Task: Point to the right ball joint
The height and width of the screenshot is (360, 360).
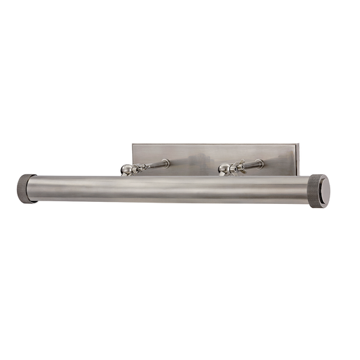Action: (x=224, y=169)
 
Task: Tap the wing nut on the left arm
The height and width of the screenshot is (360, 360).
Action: (x=140, y=167)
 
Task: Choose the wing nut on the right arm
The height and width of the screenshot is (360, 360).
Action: (x=238, y=167)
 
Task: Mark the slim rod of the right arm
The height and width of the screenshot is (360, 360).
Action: (x=251, y=164)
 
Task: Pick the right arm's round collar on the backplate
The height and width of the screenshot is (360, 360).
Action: (x=261, y=162)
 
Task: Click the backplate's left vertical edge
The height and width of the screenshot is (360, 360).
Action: (x=132, y=159)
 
